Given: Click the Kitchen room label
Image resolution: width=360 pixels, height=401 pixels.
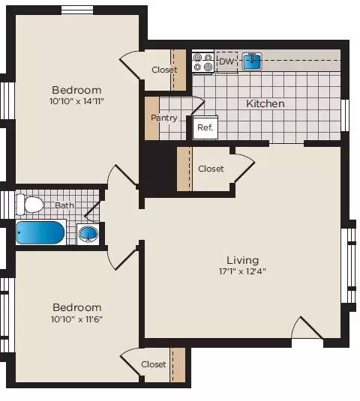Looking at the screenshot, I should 265,103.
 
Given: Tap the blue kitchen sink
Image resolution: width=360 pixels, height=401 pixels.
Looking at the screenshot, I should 251,61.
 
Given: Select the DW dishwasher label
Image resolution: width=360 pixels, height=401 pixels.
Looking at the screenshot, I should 226,61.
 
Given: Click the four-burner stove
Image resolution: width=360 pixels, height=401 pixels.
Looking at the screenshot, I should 202,61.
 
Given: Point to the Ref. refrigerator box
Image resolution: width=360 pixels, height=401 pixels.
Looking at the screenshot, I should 205,127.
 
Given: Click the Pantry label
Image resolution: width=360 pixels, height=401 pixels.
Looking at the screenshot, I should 164,118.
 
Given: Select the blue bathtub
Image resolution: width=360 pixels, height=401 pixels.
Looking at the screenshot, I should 40,232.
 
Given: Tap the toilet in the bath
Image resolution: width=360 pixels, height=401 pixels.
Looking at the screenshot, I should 31,204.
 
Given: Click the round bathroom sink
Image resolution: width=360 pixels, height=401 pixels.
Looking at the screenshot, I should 88,233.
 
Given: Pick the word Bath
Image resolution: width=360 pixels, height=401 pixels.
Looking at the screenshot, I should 64,204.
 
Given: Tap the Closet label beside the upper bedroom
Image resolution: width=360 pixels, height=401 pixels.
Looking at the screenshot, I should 163,70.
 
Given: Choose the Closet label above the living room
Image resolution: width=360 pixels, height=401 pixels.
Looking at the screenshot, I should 211,169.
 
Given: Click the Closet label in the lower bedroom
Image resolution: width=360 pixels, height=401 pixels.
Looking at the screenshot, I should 153,364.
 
